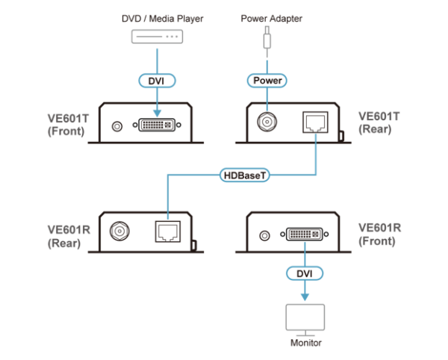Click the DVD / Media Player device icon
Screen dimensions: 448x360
pos(157,37)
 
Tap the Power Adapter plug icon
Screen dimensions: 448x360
pos(267,38)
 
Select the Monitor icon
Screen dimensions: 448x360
pos(305,320)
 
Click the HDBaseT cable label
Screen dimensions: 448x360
pos(245,175)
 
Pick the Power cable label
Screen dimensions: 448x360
pos(267,81)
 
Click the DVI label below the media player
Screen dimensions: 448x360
pos(157,81)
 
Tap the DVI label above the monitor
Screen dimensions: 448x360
pos(305,273)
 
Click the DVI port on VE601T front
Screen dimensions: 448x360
pos(157,125)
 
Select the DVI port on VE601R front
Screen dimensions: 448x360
pos(305,235)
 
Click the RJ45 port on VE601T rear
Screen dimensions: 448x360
pos(315,122)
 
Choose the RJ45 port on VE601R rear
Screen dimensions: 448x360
pos(168,232)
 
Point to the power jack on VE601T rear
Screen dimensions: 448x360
pos(267,122)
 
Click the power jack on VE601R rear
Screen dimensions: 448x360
pos(119,231)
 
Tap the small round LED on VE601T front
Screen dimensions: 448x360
pos(117,126)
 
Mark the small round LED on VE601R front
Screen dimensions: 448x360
pos(264,236)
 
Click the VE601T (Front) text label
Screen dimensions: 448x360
pos(68,125)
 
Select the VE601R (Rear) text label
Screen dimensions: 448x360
pos(69,237)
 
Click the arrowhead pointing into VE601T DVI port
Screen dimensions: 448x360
pos(157,113)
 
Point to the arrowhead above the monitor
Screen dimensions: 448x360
pos(305,297)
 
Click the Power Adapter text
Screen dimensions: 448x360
pos(272,19)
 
